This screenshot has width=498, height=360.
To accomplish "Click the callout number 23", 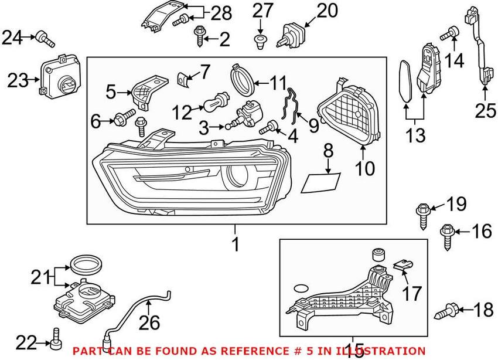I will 18,80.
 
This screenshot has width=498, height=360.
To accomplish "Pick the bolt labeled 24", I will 44,39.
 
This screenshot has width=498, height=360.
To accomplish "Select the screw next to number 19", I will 422,212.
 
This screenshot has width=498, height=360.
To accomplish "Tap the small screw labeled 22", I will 56,336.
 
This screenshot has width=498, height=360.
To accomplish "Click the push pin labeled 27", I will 260,40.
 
